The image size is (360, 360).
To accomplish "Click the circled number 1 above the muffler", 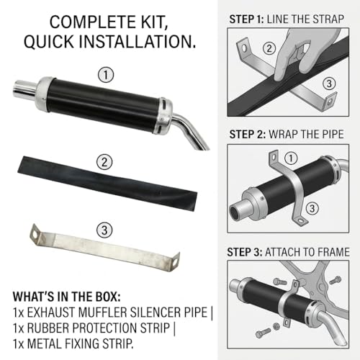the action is (106, 75).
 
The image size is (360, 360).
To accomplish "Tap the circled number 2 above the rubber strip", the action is (104, 162).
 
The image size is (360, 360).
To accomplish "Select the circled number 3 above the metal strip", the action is (104, 230).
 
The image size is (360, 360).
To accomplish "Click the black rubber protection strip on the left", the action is (107, 183).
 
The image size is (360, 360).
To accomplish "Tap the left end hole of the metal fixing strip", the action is (35, 235).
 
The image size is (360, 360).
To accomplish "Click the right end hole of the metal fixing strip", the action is (176, 262).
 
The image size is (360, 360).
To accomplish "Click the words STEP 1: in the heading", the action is (246, 19).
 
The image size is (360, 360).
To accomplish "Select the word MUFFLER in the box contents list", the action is (103, 312).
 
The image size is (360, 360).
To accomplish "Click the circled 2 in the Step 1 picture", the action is (269, 48).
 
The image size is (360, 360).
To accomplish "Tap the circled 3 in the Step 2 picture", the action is (312, 208).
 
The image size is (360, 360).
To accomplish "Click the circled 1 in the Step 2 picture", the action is (291, 158).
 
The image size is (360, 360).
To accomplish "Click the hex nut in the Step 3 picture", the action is (276, 326).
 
